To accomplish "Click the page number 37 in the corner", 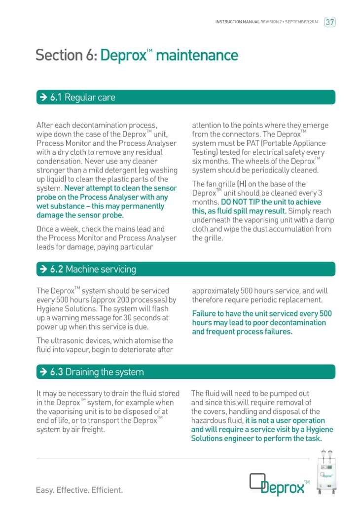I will coord(330,22).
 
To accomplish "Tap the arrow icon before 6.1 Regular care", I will coord(42,97).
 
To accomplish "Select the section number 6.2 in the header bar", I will coord(57,269).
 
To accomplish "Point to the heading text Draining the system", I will coord(105,372).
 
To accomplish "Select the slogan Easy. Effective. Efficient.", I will coord(79,490).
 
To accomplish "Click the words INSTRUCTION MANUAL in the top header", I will coord(237,22).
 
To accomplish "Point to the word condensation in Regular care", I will coord(61,161).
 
